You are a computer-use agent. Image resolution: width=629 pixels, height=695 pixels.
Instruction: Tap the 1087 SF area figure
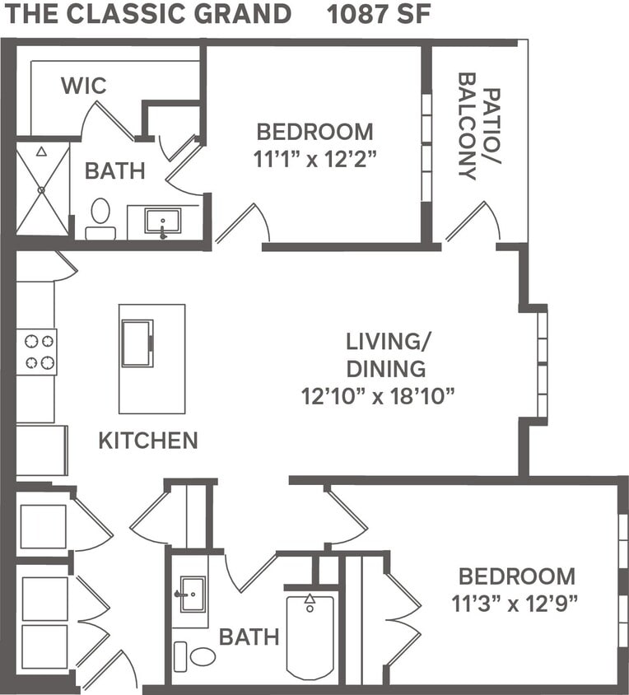coord(379,14)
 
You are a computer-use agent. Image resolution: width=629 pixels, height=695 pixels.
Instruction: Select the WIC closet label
coord(83,86)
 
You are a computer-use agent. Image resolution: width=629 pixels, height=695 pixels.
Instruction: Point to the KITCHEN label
coord(148,441)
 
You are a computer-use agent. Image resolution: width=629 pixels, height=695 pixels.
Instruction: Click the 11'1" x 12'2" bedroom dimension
coord(314,157)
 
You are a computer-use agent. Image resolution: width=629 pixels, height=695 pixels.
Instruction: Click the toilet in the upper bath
coord(100,217)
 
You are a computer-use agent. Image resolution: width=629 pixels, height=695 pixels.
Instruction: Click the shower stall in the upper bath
coord(43,189)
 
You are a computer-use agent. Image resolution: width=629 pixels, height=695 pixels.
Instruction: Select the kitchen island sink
coord(137,343)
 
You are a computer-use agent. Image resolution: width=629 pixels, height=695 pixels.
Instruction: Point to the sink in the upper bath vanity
coord(162,221)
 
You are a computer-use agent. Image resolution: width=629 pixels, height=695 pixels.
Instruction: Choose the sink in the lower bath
coord(192,595)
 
